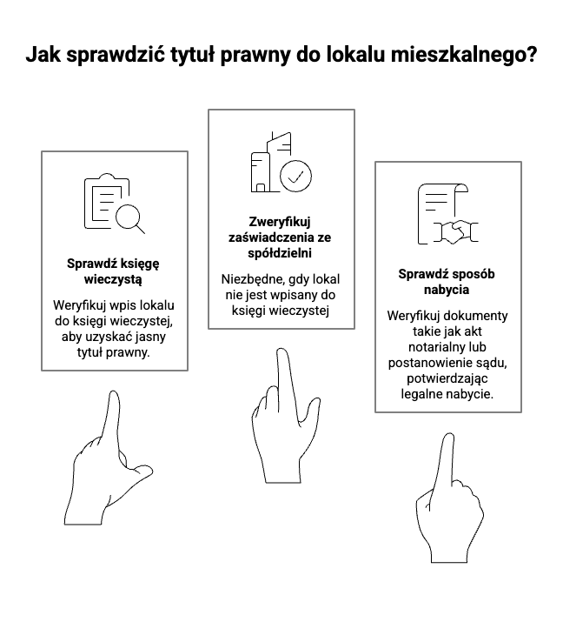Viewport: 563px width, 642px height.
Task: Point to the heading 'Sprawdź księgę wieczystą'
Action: coord(114,271)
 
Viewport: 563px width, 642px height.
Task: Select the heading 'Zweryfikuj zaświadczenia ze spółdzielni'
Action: coord(281,237)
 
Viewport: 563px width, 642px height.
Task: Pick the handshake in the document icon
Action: coord(458,231)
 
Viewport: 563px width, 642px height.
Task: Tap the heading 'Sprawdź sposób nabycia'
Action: coord(447,281)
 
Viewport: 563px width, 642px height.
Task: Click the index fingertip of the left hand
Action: coord(113,396)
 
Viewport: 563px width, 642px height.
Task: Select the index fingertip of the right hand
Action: coord(447,438)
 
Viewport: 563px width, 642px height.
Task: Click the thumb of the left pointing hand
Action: coord(141,473)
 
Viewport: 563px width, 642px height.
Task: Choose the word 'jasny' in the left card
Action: coord(159,337)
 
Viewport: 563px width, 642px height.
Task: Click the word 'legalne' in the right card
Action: coord(423,393)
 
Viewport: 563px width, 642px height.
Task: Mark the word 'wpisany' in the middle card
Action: coord(294,295)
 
